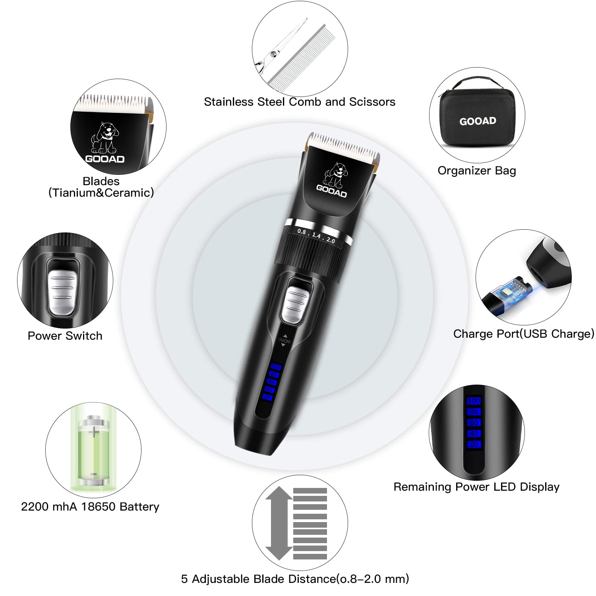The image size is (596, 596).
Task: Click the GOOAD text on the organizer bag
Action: pos(478,121)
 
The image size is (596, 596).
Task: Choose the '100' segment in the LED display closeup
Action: pos(474,401)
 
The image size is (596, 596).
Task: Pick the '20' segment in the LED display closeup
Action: pos(474,444)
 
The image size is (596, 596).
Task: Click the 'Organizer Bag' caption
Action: pos(477,171)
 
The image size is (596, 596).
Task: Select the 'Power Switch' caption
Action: pos(65,336)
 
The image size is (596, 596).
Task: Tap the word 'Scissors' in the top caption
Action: pos(372,102)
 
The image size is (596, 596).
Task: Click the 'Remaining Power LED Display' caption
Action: pos(476,487)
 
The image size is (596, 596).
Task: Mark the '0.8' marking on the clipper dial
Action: pos(302,232)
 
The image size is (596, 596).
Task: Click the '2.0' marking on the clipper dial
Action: pos(331,240)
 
